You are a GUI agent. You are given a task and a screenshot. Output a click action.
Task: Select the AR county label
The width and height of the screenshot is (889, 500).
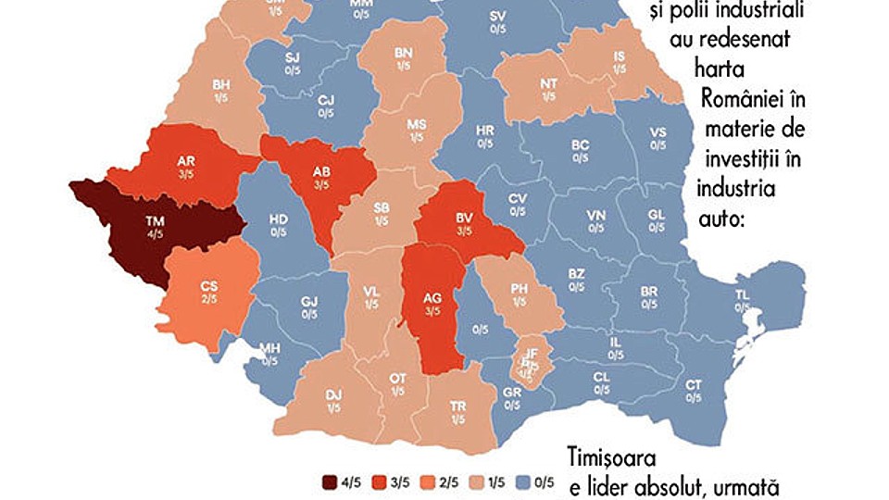click(185, 161)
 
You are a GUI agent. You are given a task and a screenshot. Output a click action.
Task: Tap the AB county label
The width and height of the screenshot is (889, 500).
click(320, 171)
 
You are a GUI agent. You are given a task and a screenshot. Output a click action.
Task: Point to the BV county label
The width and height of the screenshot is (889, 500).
click(465, 219)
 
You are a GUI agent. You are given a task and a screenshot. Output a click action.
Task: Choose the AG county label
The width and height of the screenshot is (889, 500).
click(432, 299)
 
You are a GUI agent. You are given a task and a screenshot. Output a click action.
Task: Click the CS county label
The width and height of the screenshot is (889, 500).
click(209, 287)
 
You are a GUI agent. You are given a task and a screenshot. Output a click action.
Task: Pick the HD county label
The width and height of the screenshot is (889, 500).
click(278, 219)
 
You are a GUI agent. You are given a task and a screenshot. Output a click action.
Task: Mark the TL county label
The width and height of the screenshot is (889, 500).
click(742, 294)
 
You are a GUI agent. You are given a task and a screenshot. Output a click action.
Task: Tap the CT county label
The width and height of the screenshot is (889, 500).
click(693, 384)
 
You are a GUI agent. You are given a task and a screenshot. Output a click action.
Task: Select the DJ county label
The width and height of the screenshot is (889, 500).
click(334, 394)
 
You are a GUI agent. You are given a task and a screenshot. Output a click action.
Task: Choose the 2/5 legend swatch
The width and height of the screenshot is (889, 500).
click(425, 481)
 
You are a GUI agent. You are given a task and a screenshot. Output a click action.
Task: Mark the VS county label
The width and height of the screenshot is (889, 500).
click(657, 131)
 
